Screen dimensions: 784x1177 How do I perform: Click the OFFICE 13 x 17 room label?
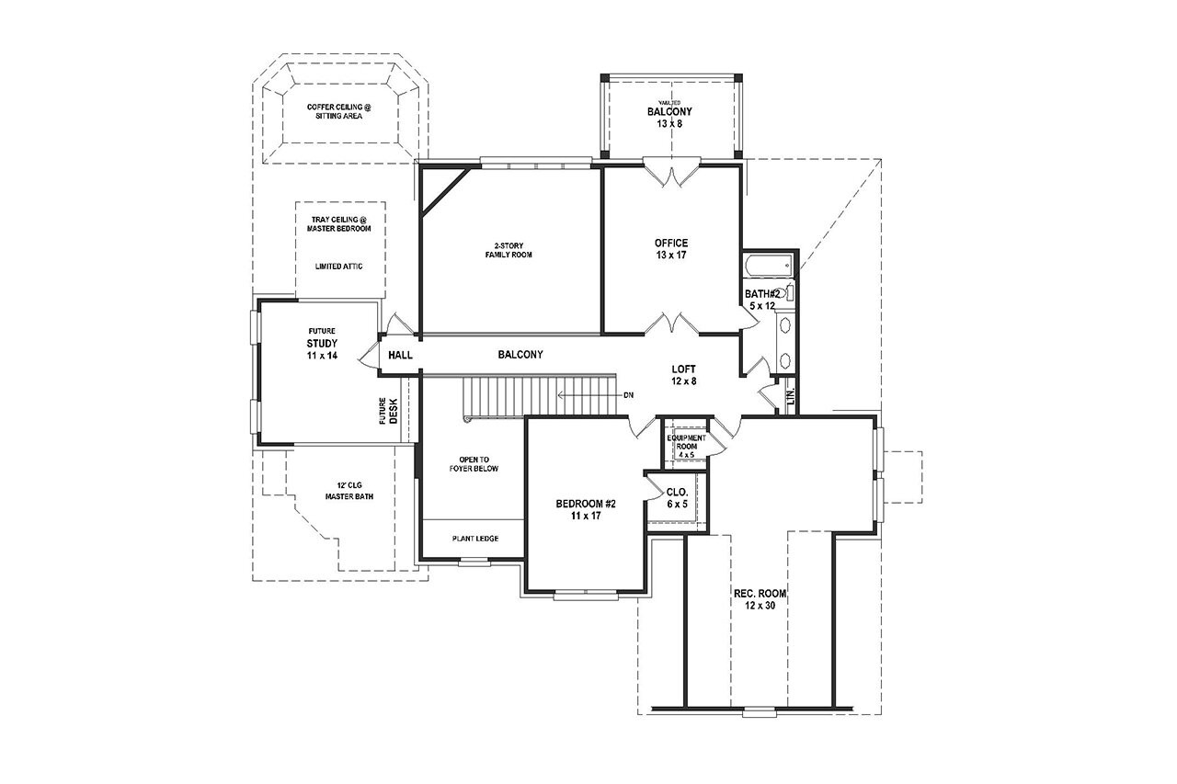click(x=670, y=248)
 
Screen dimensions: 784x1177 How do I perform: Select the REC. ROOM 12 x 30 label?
click(x=760, y=599)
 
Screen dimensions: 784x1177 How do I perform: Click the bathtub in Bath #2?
click(x=767, y=267)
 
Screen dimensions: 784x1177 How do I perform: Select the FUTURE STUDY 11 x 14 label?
click(x=322, y=343)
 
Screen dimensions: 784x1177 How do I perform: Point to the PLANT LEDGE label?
click(x=474, y=539)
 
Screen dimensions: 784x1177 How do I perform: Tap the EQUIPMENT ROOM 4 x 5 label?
click(x=687, y=446)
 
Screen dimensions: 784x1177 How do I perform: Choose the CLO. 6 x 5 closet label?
click(x=677, y=497)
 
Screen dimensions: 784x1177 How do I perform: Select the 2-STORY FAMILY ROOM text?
click(x=509, y=250)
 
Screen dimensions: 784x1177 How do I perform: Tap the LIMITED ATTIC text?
click(x=338, y=267)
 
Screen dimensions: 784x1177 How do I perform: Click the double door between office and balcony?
click(x=670, y=173)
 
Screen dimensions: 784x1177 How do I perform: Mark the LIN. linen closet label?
click(x=790, y=396)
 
